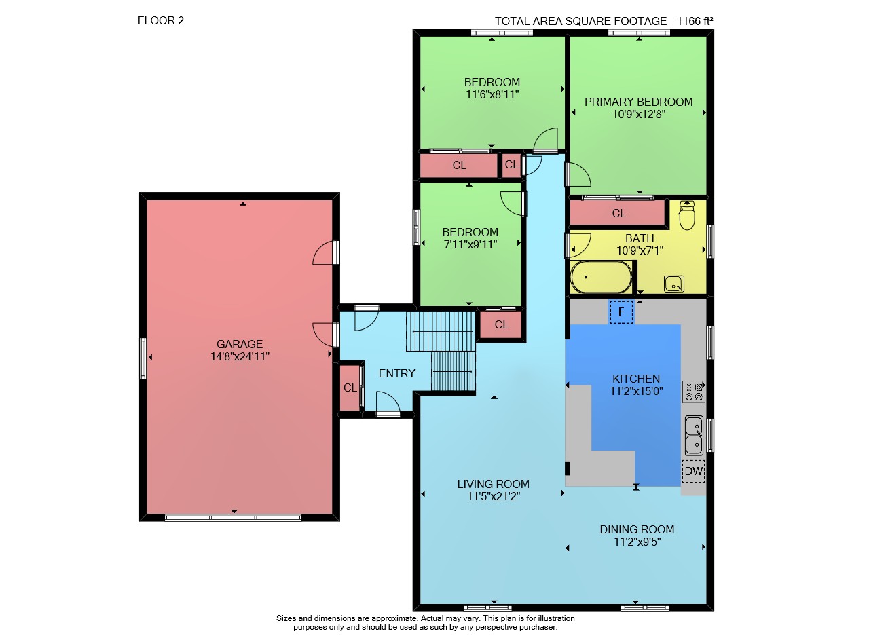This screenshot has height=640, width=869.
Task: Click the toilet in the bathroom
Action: point(686,215)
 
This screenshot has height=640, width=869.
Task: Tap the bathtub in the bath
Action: point(601,277)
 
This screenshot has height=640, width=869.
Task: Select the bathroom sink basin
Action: point(674,284)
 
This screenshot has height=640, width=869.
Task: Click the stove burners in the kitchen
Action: point(694,392)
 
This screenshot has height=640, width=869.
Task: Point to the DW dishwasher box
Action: point(694,471)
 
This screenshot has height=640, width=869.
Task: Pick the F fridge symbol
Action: point(621,312)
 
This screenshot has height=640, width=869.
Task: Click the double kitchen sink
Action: point(694,435)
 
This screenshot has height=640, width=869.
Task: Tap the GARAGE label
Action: point(240,344)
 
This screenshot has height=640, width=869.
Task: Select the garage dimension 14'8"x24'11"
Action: point(240,356)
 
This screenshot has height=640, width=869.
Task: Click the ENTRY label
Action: point(397,373)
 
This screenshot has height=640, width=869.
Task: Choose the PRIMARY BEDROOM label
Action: point(639,102)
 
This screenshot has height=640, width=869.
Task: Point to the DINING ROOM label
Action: point(637,529)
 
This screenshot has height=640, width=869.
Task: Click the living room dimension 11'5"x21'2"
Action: point(494,496)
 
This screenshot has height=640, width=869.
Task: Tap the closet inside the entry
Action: point(350,387)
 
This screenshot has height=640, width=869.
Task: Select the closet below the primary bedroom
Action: point(618,213)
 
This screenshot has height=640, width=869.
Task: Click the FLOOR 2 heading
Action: point(161,20)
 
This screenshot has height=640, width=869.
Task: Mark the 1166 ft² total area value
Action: point(695,21)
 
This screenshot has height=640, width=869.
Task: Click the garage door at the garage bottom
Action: point(233,518)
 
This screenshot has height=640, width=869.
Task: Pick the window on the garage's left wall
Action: point(143,358)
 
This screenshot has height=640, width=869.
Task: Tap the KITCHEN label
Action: point(636,379)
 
